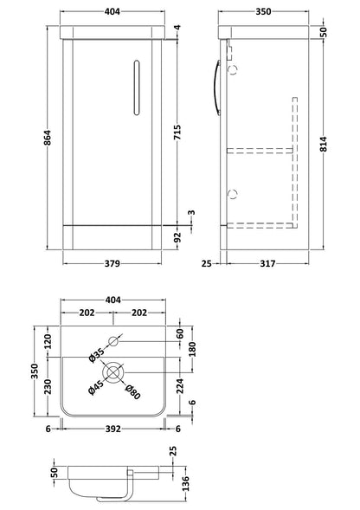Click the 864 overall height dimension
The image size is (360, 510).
48,138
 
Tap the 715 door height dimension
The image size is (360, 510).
177,132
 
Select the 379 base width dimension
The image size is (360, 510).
112,263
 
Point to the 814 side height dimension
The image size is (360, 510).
324,144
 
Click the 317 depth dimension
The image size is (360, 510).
267,263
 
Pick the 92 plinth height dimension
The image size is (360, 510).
177,238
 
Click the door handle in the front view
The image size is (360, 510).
137,87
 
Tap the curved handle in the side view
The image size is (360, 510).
217,87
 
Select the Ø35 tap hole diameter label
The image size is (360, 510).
97,355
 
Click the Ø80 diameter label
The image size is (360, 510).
133,391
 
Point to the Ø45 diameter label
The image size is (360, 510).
96,387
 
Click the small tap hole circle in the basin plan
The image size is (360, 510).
113,341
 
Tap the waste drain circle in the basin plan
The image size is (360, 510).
113,372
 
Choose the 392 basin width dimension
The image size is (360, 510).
112,429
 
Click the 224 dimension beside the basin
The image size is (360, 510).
180,386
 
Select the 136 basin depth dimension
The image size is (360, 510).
186,484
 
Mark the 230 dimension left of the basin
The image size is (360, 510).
48,386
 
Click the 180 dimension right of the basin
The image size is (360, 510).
192,349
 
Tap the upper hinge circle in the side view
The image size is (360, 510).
233,69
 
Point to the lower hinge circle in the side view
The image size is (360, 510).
233,194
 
